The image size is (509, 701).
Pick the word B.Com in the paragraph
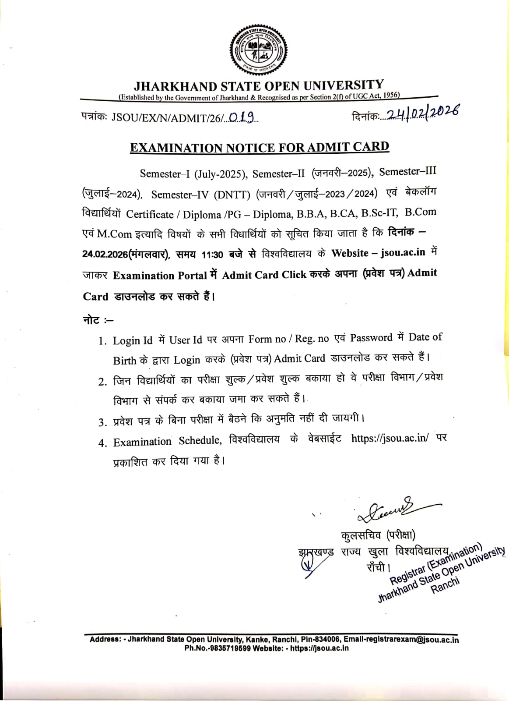420,212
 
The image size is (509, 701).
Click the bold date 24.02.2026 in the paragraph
105,254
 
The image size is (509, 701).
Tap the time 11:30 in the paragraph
212,254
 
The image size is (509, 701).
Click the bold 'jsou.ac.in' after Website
403,252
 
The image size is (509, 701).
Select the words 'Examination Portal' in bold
160,276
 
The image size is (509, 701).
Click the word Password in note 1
371,338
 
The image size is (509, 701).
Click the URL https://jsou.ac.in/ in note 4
390,438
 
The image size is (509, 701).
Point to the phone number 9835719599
229,648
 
